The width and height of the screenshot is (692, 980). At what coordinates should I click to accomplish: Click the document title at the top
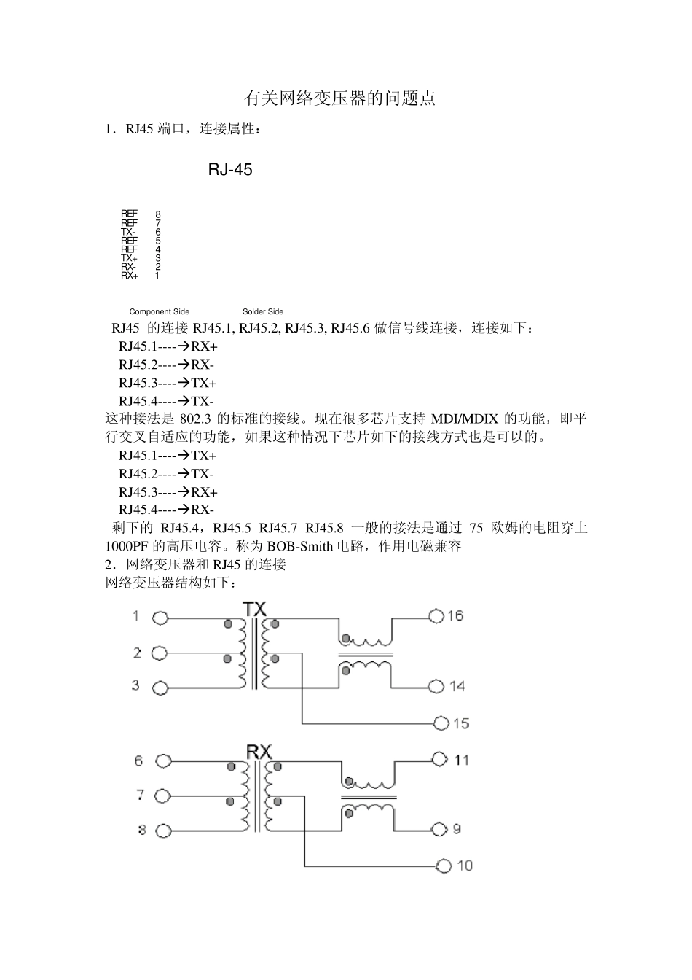(339, 98)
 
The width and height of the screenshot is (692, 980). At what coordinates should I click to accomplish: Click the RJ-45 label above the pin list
(230, 170)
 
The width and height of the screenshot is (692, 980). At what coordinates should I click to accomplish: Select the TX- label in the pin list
(127, 232)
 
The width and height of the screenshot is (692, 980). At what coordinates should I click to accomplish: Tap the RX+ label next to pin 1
(129, 276)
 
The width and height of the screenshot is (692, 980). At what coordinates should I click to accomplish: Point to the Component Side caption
(159, 311)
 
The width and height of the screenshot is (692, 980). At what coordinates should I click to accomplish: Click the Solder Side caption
(263, 311)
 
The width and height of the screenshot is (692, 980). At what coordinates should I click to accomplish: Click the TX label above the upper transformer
(254, 608)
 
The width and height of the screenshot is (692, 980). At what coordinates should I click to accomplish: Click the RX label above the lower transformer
(259, 751)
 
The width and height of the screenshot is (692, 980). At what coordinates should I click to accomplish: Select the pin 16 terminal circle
(436, 617)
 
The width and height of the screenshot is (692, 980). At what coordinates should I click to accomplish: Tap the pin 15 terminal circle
(441, 723)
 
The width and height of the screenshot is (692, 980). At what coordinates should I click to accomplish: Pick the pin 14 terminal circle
(436, 686)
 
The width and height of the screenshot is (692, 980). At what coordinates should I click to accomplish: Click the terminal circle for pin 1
(160, 618)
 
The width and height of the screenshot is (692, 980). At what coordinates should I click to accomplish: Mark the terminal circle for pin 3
(160, 687)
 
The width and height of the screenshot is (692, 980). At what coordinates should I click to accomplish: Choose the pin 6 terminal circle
(163, 761)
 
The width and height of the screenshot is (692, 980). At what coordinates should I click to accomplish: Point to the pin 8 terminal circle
(163, 831)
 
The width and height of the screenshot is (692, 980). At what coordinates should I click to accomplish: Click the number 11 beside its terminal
(462, 760)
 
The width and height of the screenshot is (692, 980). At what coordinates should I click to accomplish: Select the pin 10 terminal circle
(444, 866)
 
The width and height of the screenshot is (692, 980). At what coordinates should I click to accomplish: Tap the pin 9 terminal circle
(439, 829)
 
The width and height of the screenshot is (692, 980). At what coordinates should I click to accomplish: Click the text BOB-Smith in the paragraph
(300, 546)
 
